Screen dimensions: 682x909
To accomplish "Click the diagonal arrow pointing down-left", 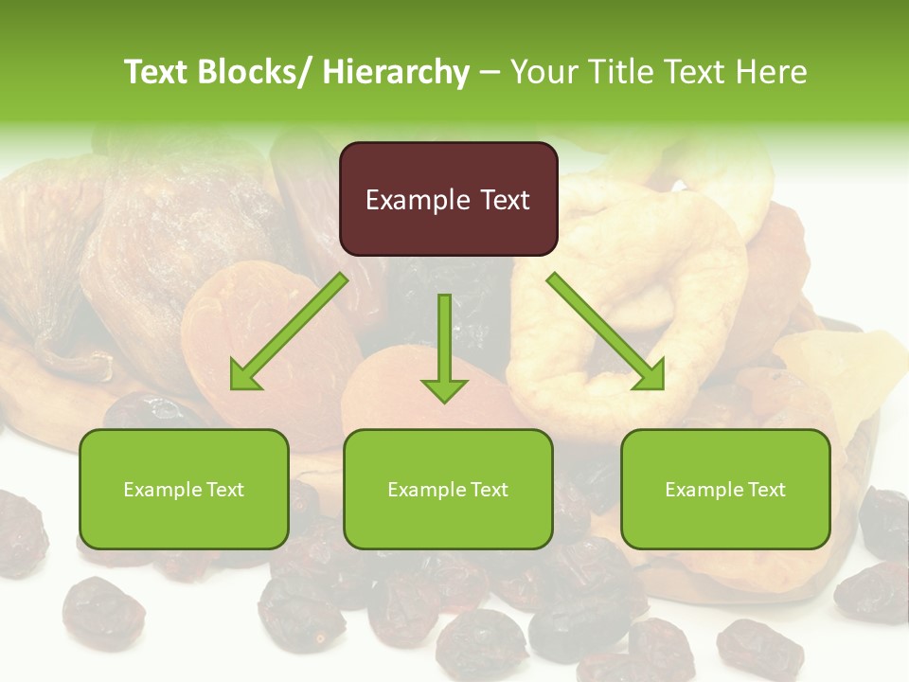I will [x=289, y=332].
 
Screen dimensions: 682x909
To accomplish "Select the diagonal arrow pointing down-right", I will [x=606, y=332].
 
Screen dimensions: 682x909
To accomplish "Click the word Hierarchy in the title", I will [x=396, y=72].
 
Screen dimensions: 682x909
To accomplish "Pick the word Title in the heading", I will [x=615, y=72].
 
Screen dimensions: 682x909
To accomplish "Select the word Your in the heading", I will [x=544, y=72].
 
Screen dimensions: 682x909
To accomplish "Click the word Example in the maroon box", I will [x=418, y=200].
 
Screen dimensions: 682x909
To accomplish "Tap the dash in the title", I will [x=490, y=72].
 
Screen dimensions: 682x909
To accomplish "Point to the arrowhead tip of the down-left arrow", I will [x=233, y=388].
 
